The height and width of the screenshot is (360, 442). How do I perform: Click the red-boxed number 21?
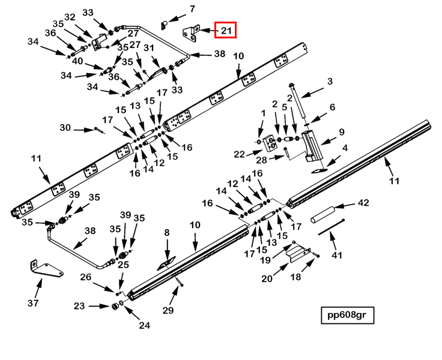pos(226,29)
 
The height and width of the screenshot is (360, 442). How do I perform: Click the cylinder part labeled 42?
pos(325,212)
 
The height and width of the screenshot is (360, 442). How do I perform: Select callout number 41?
pos(337,255)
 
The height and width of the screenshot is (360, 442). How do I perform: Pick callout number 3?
pos(330,82)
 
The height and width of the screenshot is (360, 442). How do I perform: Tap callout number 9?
pos(341,132)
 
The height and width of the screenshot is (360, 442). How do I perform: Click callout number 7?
pos(192,9)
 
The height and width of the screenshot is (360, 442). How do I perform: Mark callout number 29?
pos(168,310)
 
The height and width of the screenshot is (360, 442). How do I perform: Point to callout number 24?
pos(144,326)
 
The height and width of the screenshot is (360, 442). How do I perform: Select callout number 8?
pos(167,233)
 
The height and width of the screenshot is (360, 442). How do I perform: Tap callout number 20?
pos(267,278)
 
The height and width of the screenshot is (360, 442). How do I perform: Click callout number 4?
pos(345,148)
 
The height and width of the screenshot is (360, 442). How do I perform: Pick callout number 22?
pos(240,154)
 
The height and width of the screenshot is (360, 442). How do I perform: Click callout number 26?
pos(86,277)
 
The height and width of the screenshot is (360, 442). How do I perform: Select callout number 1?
pos(262,113)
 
